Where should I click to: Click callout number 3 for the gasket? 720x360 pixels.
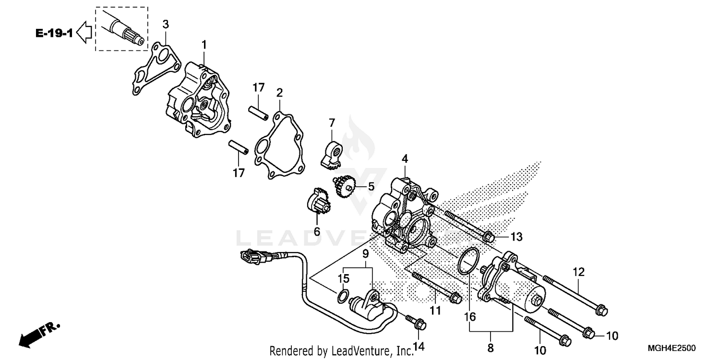[x=165, y=24]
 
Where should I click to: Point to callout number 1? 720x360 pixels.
[x=204, y=45]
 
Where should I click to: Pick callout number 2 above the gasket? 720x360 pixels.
[x=279, y=92]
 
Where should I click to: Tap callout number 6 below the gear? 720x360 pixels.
[x=317, y=231]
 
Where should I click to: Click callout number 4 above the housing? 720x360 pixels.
[x=405, y=158]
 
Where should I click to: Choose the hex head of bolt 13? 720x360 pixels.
[x=489, y=236]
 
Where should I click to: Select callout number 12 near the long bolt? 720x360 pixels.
[x=578, y=272]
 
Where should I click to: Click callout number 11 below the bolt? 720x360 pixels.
[x=435, y=311]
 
